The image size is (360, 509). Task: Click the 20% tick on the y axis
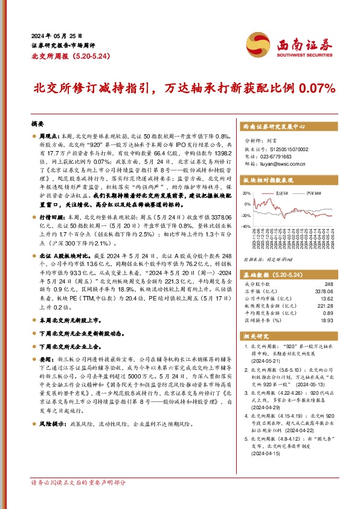point(248,193)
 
